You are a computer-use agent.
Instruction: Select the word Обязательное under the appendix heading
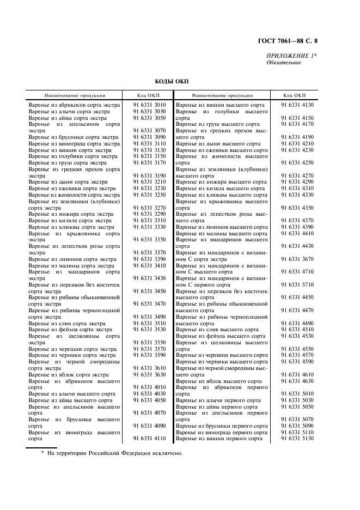tap(284, 63)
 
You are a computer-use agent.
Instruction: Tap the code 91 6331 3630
tap(149, 374)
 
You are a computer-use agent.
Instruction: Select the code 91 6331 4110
tap(149, 438)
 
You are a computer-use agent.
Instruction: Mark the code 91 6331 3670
tap(297, 259)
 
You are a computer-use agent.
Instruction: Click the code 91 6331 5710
tap(297, 284)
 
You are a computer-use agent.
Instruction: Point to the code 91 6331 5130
tap(297, 438)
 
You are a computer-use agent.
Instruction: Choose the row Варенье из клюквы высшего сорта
tap(222, 195)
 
